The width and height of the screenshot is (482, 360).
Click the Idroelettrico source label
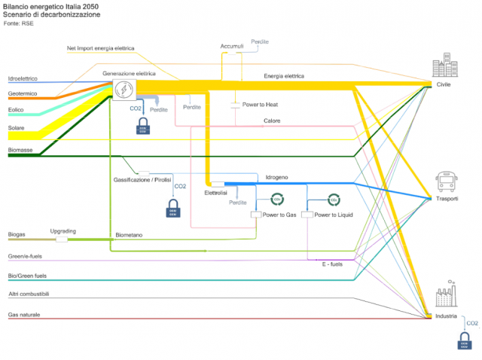(x=28, y=78)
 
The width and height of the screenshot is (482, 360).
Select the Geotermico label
(x=23, y=93)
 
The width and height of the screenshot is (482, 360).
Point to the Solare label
(x=17, y=128)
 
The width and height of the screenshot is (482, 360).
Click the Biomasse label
(x=20, y=150)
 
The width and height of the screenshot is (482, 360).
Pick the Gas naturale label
(x=24, y=314)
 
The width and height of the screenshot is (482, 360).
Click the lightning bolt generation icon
(x=124, y=90)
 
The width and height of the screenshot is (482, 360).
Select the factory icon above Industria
(x=446, y=295)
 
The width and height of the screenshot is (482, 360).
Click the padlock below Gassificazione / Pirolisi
(x=174, y=208)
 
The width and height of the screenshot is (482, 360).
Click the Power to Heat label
(x=261, y=104)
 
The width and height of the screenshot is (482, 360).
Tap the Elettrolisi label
(x=215, y=193)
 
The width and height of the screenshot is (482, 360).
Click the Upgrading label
(x=63, y=231)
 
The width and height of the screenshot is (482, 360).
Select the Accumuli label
(x=232, y=47)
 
